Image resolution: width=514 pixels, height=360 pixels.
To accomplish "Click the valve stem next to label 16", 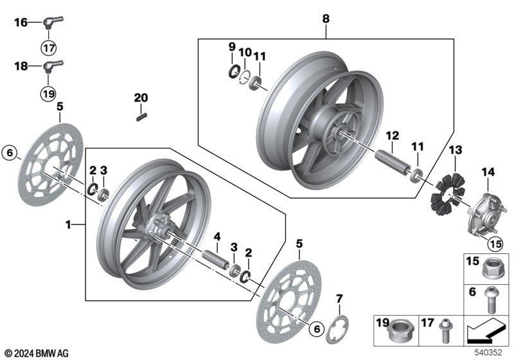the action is point(52,22).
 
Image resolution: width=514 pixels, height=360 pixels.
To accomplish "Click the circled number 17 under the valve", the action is point(49,48).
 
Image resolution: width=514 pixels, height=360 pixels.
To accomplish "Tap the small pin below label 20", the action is point(141,117).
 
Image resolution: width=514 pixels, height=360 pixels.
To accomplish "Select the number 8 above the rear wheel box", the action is point(326,19).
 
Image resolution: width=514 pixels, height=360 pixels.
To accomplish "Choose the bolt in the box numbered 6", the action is point(491,300).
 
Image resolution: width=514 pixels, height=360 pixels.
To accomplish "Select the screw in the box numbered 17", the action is point(445,331).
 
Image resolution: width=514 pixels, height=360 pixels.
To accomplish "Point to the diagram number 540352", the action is point(488,352).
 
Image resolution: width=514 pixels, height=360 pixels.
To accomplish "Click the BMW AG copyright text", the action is point(37,354).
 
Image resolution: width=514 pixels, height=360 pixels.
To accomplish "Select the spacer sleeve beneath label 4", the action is point(216,259).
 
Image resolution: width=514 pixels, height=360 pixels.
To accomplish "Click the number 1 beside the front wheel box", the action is point(68,225).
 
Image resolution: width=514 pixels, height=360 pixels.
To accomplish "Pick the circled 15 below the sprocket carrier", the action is point(495,244).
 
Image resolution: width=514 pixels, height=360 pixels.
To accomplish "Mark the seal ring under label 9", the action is point(234,72).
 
